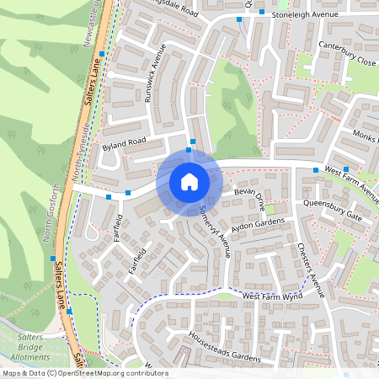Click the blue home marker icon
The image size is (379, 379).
(x=189, y=181)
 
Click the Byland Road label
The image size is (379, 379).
(x=124, y=144)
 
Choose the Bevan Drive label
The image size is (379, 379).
(x=249, y=200)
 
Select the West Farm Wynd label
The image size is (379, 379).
(x=270, y=296)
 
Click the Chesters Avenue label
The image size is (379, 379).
(x=311, y=270)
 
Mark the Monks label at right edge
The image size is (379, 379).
(x=366, y=136)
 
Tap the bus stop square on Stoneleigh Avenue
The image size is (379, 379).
(x=262, y=12)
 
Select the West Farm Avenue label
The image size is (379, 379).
(x=350, y=179)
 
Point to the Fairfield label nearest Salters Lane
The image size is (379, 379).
(x=117, y=228)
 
